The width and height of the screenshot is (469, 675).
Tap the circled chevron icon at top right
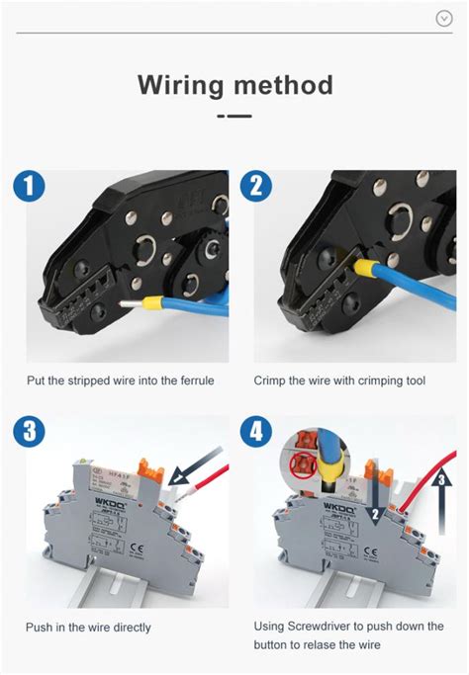(x=444, y=18)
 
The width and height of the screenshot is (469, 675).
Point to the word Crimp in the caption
(x=271, y=380)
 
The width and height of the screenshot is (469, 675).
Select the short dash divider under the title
(x=234, y=116)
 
